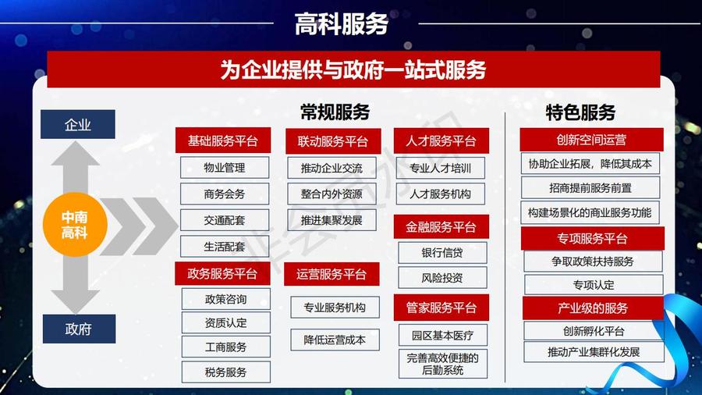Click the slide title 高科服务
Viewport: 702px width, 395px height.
[x=342, y=23]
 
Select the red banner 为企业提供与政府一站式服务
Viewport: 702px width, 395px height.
[x=353, y=70]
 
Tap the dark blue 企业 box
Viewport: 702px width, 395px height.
[x=78, y=125]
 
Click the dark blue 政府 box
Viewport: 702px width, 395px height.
[x=78, y=329]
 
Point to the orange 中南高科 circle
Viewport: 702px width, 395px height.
[x=75, y=225]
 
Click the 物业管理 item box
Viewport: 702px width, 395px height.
[x=225, y=168]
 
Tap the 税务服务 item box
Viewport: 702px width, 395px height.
[x=225, y=372]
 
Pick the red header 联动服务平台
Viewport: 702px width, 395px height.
[x=332, y=141]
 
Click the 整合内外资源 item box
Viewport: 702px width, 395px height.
[x=331, y=194]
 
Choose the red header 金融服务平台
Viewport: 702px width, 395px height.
[x=441, y=227]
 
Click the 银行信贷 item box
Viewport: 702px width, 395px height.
[x=442, y=253]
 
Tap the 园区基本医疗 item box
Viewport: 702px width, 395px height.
[x=442, y=336]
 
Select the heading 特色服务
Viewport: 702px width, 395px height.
[x=580, y=112]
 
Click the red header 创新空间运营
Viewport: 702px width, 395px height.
[x=591, y=141]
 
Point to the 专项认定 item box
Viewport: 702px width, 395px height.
[x=594, y=284]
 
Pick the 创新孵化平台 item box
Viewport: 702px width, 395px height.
[x=593, y=331]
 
